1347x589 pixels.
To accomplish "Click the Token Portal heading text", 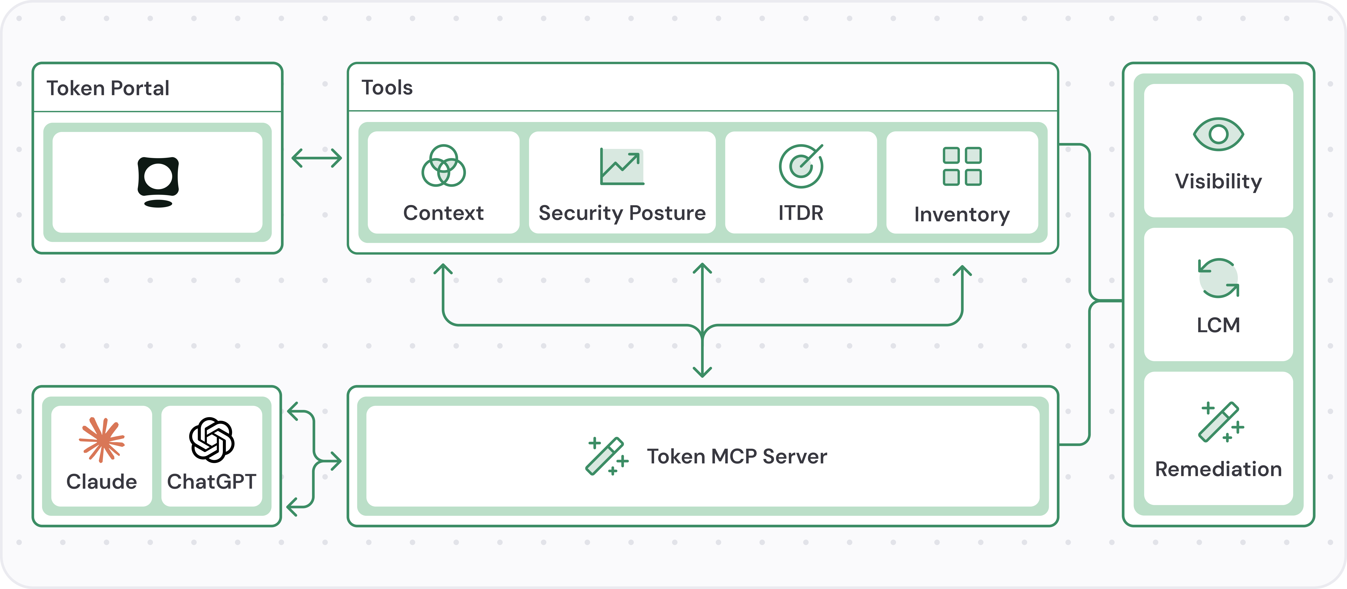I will (108, 88).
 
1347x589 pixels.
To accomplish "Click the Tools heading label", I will (387, 88).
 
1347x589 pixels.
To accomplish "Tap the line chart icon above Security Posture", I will (622, 166).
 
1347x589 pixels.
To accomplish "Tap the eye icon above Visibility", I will (1218, 134).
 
